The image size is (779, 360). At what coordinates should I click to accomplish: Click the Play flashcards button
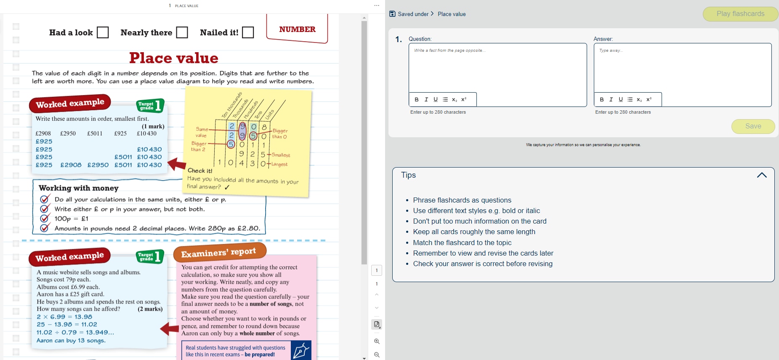(740, 14)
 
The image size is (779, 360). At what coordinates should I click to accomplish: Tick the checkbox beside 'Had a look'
(103, 32)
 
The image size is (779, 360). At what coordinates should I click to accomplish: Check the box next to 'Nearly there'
(182, 32)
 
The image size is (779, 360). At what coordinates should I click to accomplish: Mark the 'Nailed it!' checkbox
(248, 32)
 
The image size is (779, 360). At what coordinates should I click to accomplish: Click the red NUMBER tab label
(297, 29)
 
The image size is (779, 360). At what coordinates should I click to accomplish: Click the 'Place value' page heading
(173, 58)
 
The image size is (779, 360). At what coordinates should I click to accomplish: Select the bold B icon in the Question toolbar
(417, 100)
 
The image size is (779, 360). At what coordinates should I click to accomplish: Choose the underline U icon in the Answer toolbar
(620, 100)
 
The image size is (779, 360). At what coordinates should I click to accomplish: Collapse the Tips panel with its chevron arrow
(761, 175)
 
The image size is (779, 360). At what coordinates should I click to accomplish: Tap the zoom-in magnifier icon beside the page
(377, 341)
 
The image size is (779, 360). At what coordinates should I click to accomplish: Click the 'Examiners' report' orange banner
(219, 253)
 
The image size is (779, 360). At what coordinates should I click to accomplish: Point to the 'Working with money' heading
(79, 188)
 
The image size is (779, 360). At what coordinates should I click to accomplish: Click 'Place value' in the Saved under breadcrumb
(452, 14)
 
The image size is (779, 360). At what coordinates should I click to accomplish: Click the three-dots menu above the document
(377, 5)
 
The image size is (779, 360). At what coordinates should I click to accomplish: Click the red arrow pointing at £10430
(177, 164)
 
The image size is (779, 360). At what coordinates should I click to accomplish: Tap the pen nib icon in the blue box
(301, 350)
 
